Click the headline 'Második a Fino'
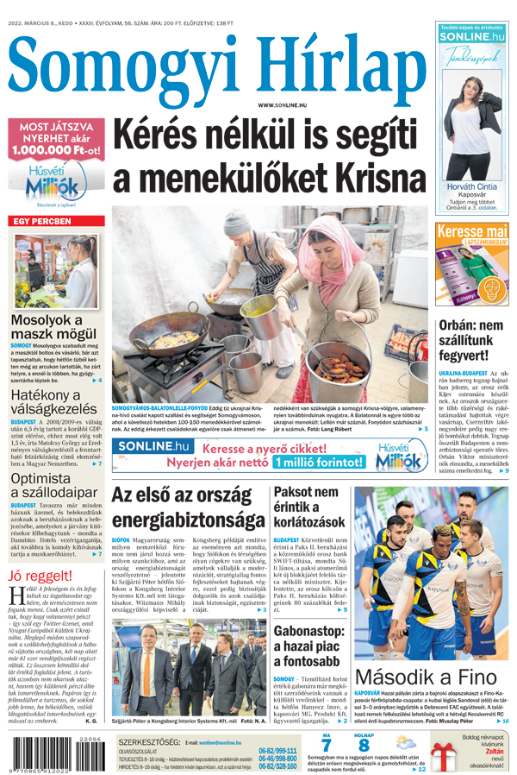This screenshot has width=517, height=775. click(x=425, y=676)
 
